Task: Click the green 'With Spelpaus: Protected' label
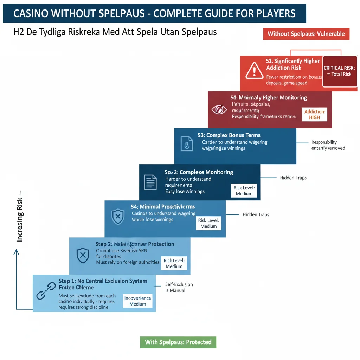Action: pos(178,342)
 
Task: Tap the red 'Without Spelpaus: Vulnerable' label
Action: pos(306,34)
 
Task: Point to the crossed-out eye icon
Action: pos(219,110)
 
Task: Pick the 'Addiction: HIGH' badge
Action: pos(315,115)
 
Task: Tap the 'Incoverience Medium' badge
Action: pos(138,301)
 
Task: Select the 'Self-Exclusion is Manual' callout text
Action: pos(179,287)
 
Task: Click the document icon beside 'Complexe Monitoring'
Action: pos(150,182)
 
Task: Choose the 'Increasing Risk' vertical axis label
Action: pos(19,217)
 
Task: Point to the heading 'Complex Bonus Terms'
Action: pos(229,135)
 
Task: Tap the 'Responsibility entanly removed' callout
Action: pos(328,145)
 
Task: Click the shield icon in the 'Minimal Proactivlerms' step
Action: pos(118,217)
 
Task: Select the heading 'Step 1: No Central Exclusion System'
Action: pos(103,281)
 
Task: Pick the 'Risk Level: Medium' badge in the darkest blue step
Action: pos(244,191)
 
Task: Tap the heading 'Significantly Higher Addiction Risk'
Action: pos(292,64)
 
